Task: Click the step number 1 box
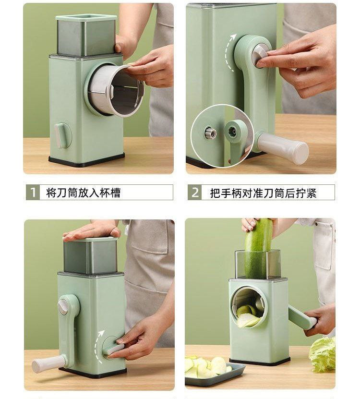click(33, 193)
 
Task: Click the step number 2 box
click(195, 193)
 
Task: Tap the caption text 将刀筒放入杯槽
click(83, 193)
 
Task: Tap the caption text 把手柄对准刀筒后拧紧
click(263, 193)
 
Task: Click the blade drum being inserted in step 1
click(116, 90)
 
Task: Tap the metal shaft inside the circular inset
click(211, 133)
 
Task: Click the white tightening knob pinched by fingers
click(260, 54)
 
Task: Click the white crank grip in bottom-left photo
click(48, 363)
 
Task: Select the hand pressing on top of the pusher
click(92, 230)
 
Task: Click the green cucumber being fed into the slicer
click(257, 248)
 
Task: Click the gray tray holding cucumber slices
click(215, 375)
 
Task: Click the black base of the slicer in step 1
click(86, 159)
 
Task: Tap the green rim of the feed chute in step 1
click(86, 17)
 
